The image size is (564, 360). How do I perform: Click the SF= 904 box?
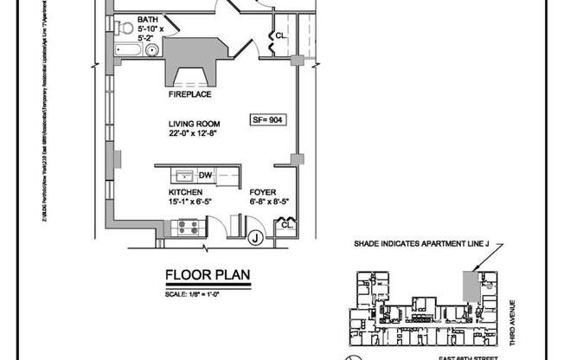pos(265,120)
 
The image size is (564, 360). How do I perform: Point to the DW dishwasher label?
pos(205,175)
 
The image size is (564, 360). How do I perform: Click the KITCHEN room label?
pos(185,191)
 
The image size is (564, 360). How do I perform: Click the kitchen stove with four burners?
pos(188,228)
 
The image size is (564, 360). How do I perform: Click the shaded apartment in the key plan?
pos(471,285)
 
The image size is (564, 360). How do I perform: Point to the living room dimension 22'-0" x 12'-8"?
pos(199,134)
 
